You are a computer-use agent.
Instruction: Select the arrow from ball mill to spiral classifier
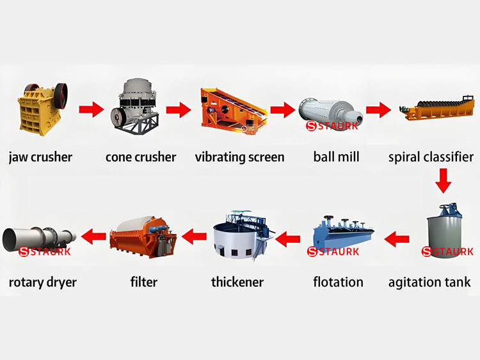coord(378,109)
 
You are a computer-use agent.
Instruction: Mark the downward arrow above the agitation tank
coord(443,181)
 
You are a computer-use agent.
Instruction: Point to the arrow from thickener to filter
coord(194,237)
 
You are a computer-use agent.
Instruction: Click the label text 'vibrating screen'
coord(240,157)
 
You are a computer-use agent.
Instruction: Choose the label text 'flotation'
coord(338,282)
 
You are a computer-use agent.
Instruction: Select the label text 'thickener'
coord(237,282)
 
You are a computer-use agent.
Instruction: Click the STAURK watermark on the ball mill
coord(332,126)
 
